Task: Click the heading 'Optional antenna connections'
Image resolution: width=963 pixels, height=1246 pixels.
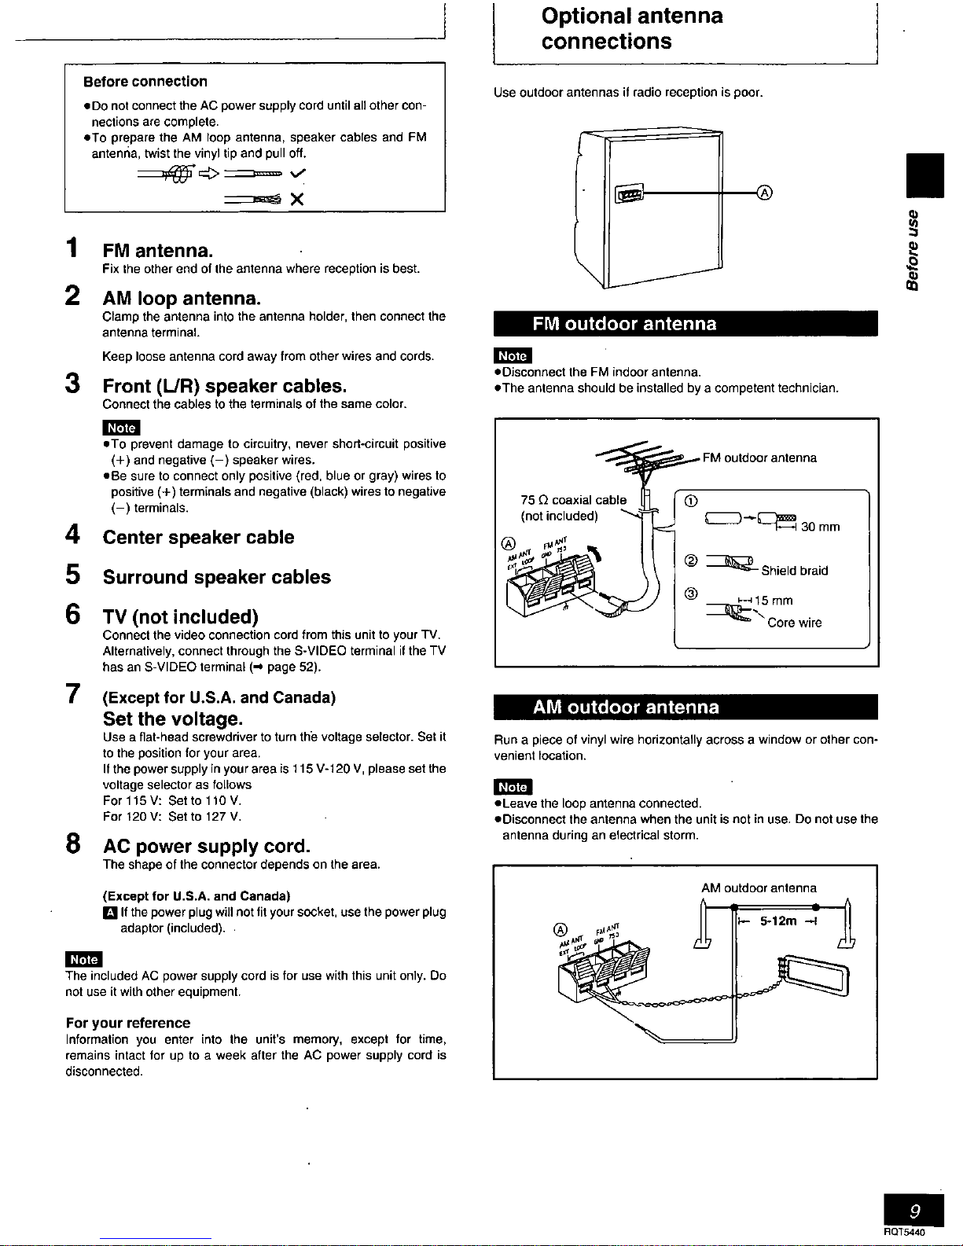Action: [632, 29]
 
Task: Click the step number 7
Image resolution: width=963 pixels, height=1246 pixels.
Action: [72, 693]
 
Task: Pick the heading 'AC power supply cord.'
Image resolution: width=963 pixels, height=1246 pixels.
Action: [207, 846]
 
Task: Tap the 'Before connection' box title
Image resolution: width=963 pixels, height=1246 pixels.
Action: [145, 82]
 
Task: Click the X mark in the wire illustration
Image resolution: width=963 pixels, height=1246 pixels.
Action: [297, 199]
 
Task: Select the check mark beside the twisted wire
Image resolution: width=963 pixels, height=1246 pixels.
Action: [297, 174]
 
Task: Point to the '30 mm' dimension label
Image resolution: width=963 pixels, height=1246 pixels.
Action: [820, 527]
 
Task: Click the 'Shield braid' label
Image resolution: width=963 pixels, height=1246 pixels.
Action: [794, 571]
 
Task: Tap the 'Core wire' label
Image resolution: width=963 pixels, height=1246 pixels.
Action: [794, 623]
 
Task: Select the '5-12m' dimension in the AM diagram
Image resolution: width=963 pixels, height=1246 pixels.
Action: [778, 921]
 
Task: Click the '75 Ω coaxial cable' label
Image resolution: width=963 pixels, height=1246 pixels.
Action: [573, 500]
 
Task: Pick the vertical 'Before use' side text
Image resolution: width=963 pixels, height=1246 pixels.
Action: [913, 250]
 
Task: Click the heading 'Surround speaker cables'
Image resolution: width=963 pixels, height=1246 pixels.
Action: [217, 577]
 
